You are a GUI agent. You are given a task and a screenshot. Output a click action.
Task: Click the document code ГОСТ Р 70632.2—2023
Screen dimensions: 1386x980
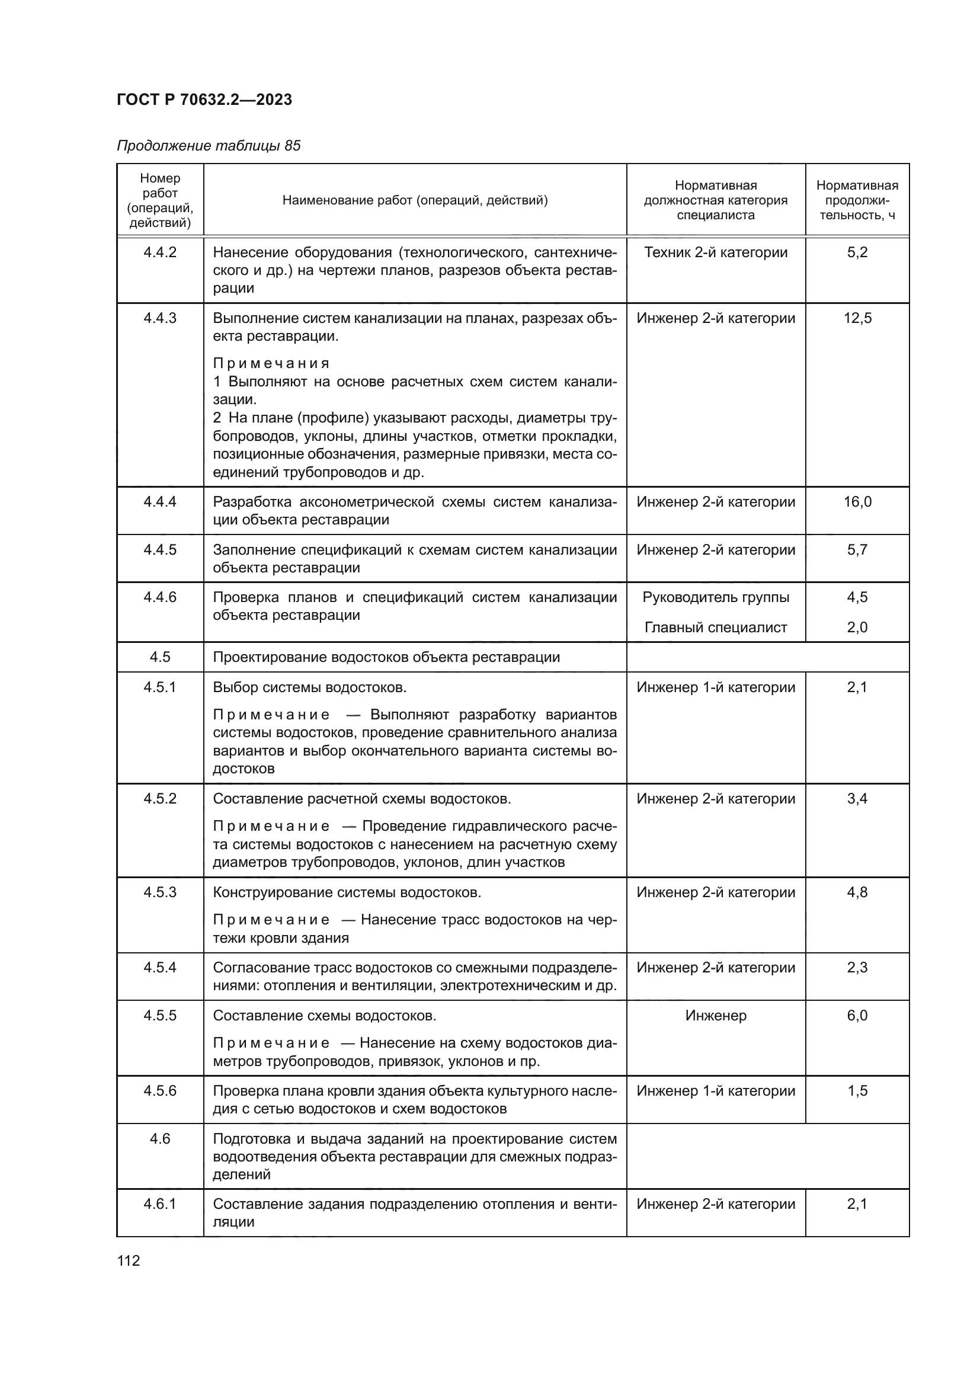[x=204, y=100]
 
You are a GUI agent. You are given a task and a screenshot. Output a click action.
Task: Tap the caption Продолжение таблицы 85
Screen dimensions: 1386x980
[x=208, y=146]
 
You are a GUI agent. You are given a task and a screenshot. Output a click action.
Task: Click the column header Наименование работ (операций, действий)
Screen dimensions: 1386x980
[x=415, y=200]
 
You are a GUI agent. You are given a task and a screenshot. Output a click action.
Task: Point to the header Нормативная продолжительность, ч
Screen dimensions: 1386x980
[x=856, y=200]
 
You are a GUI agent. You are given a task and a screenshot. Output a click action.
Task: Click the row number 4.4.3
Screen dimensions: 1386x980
[x=160, y=318]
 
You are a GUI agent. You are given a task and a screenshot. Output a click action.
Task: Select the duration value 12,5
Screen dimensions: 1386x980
[x=857, y=318]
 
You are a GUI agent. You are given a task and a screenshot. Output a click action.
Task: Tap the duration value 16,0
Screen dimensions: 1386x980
[x=857, y=502]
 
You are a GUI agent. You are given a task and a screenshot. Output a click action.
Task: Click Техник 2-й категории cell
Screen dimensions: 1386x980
[x=715, y=252]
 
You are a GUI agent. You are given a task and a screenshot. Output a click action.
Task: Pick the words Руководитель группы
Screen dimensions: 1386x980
[x=715, y=597]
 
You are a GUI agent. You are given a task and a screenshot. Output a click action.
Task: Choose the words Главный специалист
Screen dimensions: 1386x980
[x=715, y=627]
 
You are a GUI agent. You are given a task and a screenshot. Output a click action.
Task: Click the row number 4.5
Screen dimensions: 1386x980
[x=160, y=657]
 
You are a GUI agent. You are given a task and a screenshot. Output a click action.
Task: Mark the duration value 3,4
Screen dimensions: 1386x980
[x=857, y=799]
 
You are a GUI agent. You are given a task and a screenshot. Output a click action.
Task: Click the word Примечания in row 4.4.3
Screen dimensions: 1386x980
[x=271, y=363]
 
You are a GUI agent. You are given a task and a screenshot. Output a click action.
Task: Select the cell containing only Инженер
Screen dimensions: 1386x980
[x=715, y=1016]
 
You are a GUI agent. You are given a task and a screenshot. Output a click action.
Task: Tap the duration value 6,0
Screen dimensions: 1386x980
[x=857, y=1016]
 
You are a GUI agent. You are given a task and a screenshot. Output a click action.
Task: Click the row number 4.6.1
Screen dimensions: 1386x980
[x=160, y=1203]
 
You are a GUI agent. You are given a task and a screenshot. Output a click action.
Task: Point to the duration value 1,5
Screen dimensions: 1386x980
[x=857, y=1091]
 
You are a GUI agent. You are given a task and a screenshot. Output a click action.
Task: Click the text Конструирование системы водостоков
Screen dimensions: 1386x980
[x=347, y=892]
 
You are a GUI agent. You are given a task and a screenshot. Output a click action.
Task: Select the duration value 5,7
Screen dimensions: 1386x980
[x=857, y=549]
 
